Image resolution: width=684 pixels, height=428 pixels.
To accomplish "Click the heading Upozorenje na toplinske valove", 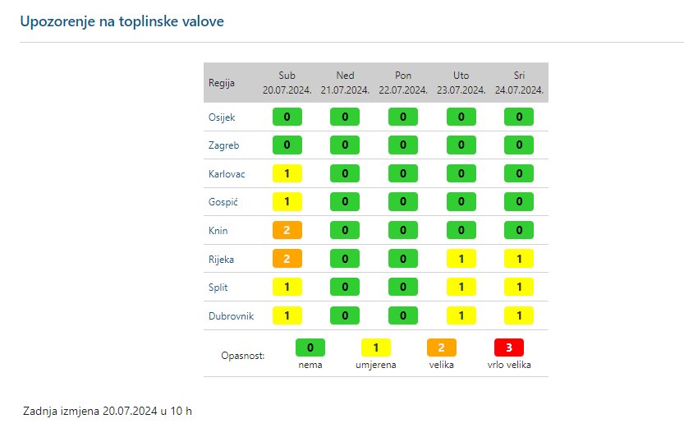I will (122, 21).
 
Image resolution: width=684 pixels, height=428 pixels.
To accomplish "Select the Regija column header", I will (222, 83).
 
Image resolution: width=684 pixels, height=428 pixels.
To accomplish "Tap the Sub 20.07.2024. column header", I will (287, 82).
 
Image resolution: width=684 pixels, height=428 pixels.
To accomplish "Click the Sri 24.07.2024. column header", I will (519, 82).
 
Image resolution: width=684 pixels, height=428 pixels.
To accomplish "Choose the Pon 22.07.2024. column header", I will (403, 82).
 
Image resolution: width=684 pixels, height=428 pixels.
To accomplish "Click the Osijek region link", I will (222, 117).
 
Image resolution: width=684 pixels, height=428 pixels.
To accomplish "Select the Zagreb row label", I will (223, 145).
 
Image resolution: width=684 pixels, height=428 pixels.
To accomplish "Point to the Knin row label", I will (218, 231).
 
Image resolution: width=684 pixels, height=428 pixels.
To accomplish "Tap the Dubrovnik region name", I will (231, 316).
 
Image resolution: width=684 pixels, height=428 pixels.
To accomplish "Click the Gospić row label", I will (223, 202).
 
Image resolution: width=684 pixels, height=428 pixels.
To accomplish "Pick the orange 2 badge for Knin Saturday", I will (287, 230).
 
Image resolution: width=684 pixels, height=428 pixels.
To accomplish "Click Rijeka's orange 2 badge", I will (287, 259).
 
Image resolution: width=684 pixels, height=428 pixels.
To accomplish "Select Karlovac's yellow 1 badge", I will (287, 173).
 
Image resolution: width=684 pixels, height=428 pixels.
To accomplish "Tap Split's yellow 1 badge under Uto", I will (461, 288).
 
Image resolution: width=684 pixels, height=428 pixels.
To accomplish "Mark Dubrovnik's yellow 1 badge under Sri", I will (519, 315).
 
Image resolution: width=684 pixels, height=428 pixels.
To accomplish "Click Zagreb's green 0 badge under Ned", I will (345, 145).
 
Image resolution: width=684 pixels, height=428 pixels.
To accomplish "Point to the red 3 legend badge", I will (508, 347).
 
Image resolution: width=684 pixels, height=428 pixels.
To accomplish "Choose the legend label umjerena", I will (376, 365).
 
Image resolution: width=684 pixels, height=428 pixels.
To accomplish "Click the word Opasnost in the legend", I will (243, 356).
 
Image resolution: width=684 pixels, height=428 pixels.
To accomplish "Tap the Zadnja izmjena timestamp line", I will (108, 410).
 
